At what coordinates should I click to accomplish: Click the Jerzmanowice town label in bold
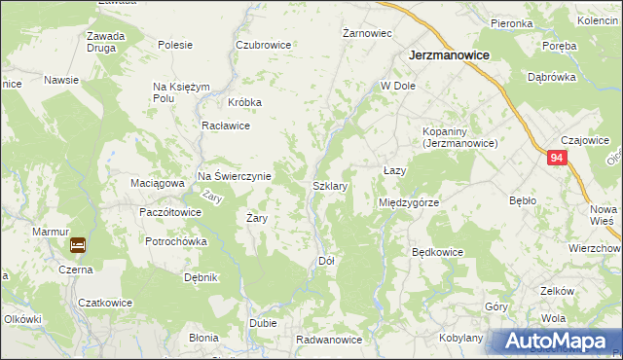pyautogui.click(x=448, y=56)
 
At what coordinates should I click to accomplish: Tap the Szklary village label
pyautogui.click(x=330, y=185)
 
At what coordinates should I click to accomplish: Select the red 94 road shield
pyautogui.click(x=556, y=158)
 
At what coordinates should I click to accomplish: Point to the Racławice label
pyautogui.click(x=226, y=126)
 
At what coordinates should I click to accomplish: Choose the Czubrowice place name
pyautogui.click(x=263, y=45)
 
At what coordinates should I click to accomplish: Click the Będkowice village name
pyautogui.click(x=437, y=252)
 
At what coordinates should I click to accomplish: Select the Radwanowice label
pyautogui.click(x=330, y=340)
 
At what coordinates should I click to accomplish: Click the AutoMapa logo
pyautogui.click(x=555, y=342)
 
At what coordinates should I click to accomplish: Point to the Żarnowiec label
pyautogui.click(x=367, y=33)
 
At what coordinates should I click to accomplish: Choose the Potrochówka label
pyautogui.click(x=176, y=241)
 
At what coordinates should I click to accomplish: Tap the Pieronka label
pyautogui.click(x=511, y=23)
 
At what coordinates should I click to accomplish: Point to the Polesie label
pyautogui.click(x=175, y=45)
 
